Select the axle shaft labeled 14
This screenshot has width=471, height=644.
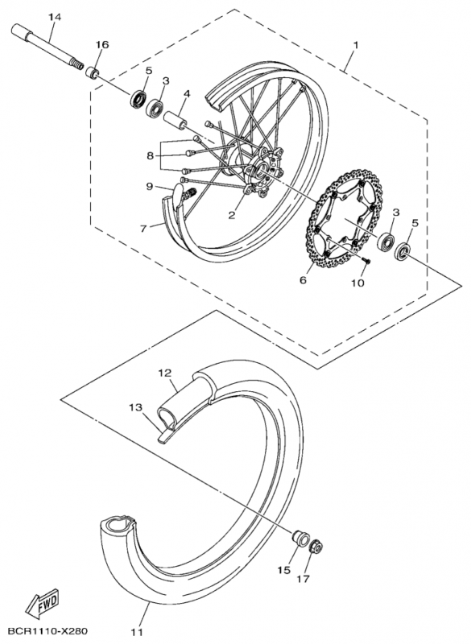click(47, 47)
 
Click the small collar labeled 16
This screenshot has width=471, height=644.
click(93, 75)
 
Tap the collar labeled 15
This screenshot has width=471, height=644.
click(300, 537)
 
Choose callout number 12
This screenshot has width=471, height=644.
click(165, 373)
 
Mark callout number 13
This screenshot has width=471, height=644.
click(135, 408)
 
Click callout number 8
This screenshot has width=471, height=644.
click(151, 155)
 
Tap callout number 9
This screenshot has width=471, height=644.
click(150, 187)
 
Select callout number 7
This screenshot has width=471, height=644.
click(143, 229)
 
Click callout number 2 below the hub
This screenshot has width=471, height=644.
click(232, 215)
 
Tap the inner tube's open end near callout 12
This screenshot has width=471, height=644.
click(167, 415)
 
